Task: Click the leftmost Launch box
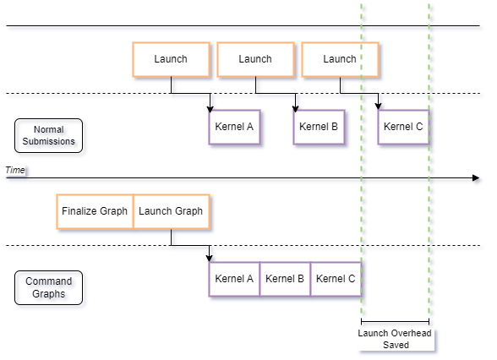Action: point(171,59)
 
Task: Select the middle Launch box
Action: point(255,59)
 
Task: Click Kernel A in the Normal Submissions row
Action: point(234,127)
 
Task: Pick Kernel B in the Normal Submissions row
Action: point(319,127)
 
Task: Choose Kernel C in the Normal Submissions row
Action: point(403,127)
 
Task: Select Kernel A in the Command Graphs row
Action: point(234,279)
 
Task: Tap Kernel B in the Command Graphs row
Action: point(285,279)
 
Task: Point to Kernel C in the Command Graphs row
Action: point(336,279)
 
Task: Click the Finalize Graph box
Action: point(95,211)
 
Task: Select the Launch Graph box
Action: point(171,211)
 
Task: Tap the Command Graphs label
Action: point(52,288)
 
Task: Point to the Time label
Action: point(15,171)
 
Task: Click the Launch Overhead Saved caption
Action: point(395,339)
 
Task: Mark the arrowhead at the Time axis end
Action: point(478,179)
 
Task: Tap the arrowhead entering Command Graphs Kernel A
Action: point(211,258)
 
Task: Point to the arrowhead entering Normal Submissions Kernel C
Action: point(381,106)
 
